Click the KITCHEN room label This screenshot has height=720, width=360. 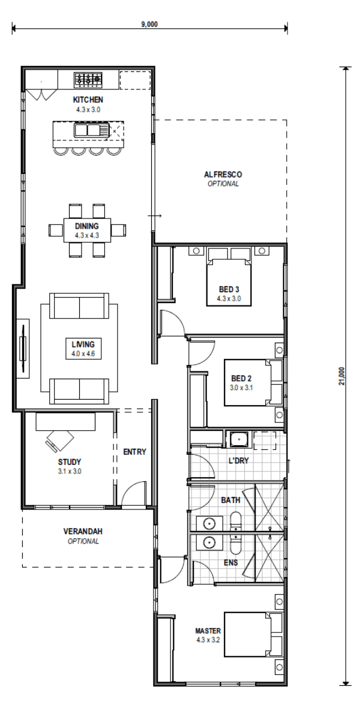pos(88,100)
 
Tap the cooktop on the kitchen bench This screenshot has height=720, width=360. pos(88,79)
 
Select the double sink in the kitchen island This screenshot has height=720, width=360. pos(87,131)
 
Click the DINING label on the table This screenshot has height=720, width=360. pos(87,226)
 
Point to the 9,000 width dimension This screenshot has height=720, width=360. pos(149,25)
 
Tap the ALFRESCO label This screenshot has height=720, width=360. pos(223,175)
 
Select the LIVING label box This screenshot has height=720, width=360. pos(83,349)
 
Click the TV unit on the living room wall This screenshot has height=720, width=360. pos(23,349)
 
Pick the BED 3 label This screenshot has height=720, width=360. pos(229,289)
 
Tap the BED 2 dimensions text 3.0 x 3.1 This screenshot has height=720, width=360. pos(241,388)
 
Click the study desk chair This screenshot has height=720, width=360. pos(59,439)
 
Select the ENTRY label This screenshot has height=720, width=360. pos(134,452)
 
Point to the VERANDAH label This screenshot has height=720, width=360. pos(83,532)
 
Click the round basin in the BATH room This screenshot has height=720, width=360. pos(209,523)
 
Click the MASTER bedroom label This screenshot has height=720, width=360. pos(208,631)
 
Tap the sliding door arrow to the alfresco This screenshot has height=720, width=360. pos(155,215)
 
